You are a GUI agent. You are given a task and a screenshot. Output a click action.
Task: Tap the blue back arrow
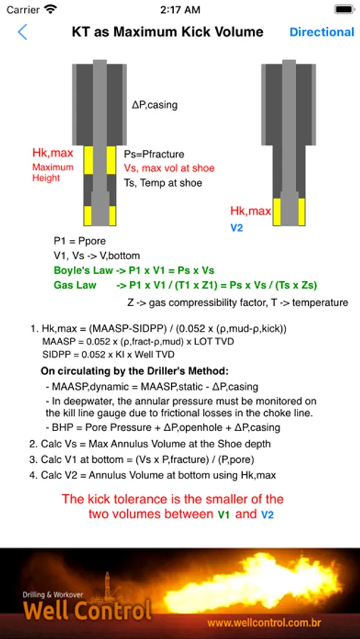pyautogui.click(x=23, y=32)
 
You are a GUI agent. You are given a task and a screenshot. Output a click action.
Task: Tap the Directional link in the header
pyautogui.click(x=322, y=32)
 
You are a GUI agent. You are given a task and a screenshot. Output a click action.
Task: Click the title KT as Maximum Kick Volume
pyautogui.click(x=168, y=32)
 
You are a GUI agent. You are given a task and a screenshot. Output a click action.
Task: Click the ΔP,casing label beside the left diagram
pyautogui.click(x=155, y=105)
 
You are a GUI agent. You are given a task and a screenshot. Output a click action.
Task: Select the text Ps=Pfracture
pyautogui.click(x=154, y=155)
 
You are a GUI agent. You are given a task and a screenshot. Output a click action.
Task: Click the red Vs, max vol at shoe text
pyautogui.click(x=169, y=168)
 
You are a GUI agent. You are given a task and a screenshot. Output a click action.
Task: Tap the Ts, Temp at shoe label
pyautogui.click(x=163, y=183)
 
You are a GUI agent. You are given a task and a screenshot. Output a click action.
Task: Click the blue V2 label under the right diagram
pyautogui.click(x=236, y=228)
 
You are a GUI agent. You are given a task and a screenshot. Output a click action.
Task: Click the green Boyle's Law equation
pyautogui.click(x=134, y=271)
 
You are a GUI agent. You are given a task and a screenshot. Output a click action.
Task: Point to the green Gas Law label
pyautogui.click(x=75, y=285)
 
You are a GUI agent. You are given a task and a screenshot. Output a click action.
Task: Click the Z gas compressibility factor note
pyautogui.click(x=239, y=302)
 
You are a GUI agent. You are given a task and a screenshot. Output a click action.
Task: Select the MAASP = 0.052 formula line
pyautogui.click(x=138, y=341)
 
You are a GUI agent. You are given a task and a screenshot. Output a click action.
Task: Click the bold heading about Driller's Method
pyautogui.click(x=136, y=371)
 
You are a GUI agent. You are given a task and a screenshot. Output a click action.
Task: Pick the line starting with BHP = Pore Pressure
pyautogui.click(x=163, y=427)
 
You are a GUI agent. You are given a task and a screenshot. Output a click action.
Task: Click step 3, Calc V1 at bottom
pyautogui.click(x=141, y=459)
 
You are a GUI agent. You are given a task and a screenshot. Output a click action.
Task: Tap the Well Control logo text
pyautogui.click(x=87, y=611)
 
